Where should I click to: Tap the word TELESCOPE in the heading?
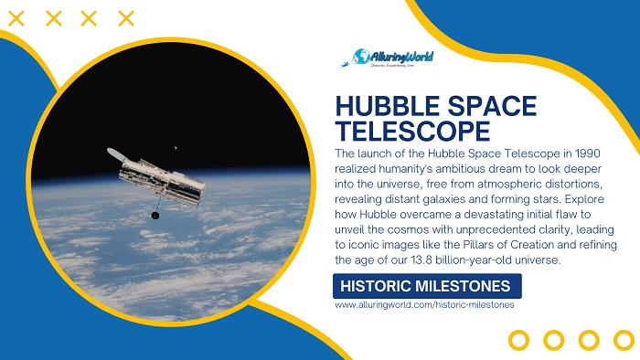click(401, 129)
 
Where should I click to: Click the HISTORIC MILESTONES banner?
click(425, 286)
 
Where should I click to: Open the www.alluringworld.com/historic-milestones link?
click(424, 305)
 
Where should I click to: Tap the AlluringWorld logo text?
click(402, 57)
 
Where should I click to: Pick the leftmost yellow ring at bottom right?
click(518, 340)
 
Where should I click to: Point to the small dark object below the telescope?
click(155, 216)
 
